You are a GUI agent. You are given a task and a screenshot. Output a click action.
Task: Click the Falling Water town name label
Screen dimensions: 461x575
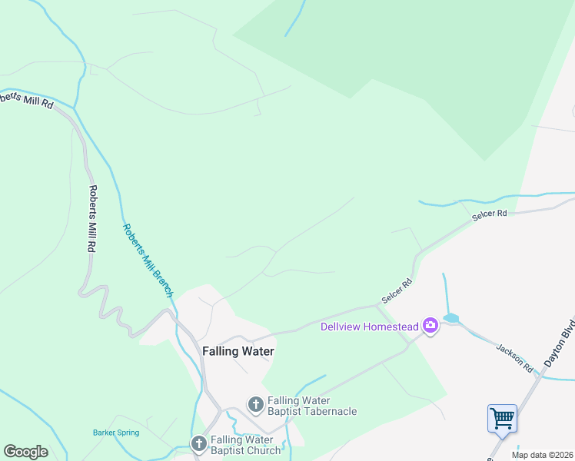(x=238, y=351)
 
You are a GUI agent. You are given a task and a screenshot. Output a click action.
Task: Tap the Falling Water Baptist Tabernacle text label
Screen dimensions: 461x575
(x=311, y=406)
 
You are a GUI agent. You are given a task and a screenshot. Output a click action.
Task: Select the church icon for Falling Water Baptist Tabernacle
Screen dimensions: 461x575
(x=255, y=403)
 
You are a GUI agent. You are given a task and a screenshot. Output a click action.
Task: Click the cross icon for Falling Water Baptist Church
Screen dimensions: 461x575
(x=198, y=443)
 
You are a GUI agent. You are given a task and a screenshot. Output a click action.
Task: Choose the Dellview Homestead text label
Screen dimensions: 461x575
(x=370, y=327)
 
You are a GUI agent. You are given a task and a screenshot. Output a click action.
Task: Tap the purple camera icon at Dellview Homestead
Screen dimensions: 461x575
(x=430, y=326)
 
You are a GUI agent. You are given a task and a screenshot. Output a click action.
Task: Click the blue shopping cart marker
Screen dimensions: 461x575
(x=502, y=419)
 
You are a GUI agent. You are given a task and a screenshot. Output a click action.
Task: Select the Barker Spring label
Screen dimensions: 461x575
(x=116, y=433)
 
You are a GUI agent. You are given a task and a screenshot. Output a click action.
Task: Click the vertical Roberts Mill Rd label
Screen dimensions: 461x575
(x=92, y=220)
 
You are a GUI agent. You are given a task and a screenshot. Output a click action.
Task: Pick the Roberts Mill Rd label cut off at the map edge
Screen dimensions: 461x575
(x=26, y=100)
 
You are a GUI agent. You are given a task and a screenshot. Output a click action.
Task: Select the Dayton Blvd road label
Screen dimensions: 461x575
(x=559, y=341)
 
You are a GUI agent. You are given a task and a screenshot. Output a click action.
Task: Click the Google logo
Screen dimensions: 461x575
(x=25, y=452)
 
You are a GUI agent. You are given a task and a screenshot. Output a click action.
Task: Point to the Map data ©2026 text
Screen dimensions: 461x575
(x=541, y=455)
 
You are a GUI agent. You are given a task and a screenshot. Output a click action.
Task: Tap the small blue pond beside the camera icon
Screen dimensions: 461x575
(x=450, y=318)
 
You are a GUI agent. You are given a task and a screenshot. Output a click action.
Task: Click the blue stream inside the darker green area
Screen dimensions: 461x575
(x=296, y=18)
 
